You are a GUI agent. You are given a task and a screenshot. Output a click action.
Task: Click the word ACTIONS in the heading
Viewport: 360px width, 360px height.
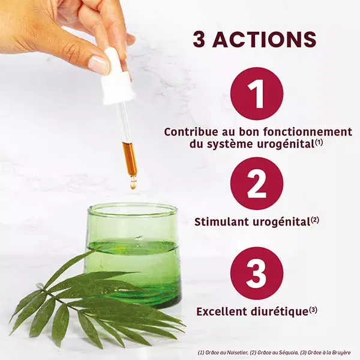[265, 39]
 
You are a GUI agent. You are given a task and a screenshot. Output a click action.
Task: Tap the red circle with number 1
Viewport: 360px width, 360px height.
[257, 94]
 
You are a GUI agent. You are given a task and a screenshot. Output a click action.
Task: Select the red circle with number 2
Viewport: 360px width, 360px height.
[257, 184]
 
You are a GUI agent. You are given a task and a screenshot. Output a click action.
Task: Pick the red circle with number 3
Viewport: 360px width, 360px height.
[257, 274]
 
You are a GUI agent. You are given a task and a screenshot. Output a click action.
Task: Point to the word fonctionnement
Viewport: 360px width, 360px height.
[308, 132]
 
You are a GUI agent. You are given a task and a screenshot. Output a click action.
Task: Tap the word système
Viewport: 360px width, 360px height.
[231, 145]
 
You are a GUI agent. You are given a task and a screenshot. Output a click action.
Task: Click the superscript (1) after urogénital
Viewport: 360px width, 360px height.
[319, 143]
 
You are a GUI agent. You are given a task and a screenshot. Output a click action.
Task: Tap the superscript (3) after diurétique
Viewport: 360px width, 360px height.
[313, 310]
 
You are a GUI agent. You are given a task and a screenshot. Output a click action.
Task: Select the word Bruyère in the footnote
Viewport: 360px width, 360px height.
[341, 353]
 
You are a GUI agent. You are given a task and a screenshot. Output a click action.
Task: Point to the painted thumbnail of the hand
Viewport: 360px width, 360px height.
[99, 65]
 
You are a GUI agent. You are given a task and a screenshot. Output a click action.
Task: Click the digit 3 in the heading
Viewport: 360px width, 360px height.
[199, 39]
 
